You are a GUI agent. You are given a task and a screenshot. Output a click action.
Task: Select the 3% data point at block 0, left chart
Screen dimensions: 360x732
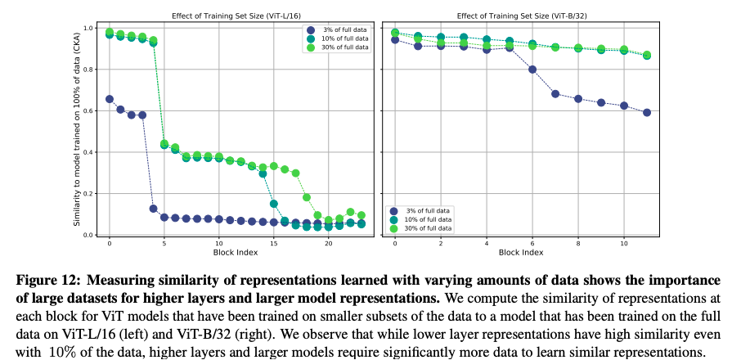point(110,99)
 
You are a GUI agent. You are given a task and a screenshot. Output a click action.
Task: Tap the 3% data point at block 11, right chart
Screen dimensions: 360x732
point(647,112)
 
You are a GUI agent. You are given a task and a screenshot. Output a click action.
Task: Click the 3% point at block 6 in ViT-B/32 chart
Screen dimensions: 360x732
point(532,70)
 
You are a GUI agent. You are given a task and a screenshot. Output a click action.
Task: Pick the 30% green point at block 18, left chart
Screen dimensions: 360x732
point(307,197)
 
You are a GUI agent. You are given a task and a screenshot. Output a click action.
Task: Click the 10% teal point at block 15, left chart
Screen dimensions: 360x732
point(274,204)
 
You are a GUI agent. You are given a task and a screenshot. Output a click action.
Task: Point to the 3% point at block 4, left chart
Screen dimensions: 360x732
point(153,209)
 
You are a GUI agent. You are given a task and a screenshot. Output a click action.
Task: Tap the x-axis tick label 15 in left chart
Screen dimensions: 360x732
point(274,243)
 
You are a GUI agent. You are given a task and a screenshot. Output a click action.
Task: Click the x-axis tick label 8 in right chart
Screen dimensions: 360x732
point(578,243)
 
